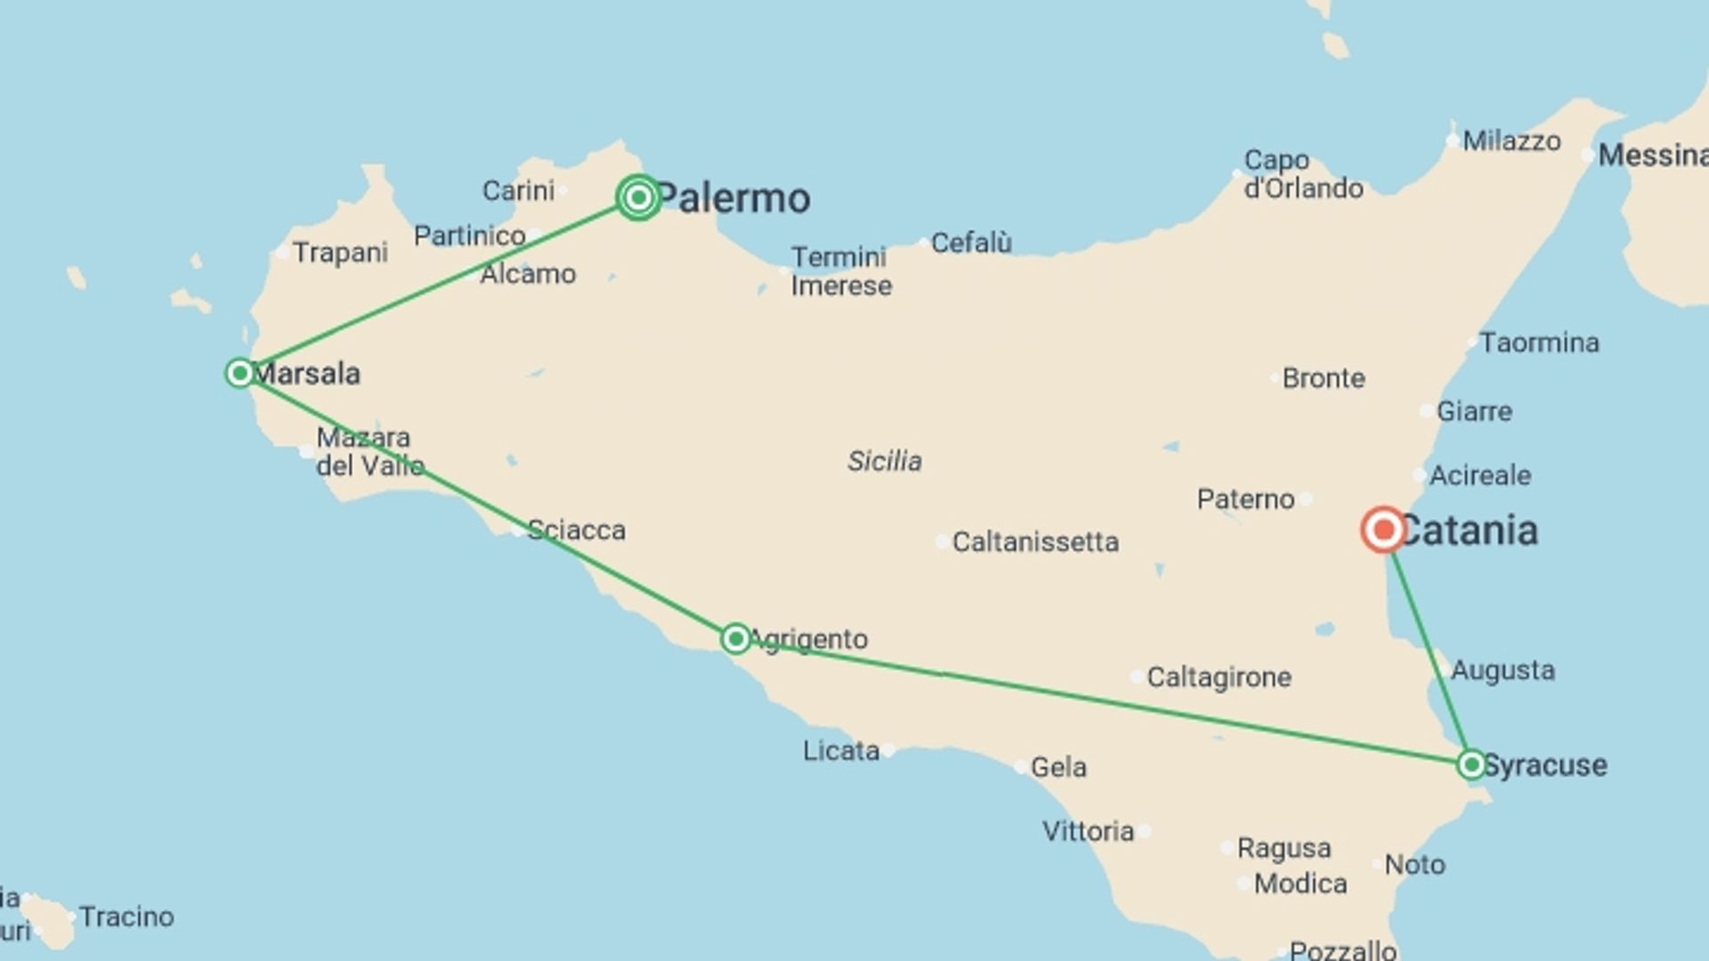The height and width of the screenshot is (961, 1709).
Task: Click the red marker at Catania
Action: [1383, 530]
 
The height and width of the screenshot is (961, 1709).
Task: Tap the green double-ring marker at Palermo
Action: [638, 198]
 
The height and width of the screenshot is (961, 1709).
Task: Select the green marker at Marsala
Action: [239, 373]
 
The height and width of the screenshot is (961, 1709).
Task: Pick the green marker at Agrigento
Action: [735, 639]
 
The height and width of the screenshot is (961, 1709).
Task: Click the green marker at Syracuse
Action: [1471, 764]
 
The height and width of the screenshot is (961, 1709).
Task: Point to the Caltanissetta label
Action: [1035, 542]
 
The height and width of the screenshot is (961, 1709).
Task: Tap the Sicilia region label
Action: [885, 461]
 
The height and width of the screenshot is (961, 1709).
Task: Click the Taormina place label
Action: [1539, 343]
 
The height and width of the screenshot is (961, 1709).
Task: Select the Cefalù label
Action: [971, 243]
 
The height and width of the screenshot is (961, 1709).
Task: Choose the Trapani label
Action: [340, 253]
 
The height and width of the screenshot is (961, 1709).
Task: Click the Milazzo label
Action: [1511, 141]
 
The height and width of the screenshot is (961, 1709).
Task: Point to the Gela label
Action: [1058, 767]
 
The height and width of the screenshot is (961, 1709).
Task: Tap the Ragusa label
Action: [1284, 848]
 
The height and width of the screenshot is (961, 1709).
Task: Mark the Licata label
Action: [841, 751]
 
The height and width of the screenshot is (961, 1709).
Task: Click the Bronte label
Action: [1324, 378]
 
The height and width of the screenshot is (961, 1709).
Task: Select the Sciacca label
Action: [576, 530]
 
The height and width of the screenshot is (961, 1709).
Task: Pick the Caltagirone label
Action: [1219, 677]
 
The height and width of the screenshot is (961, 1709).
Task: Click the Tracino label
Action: [126, 917]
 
